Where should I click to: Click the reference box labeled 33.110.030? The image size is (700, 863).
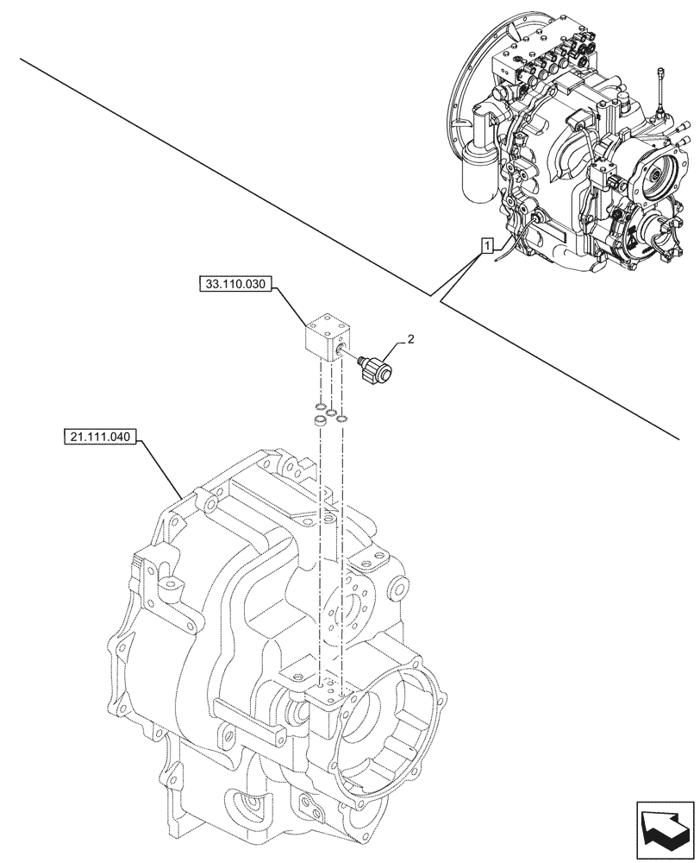(x=235, y=283)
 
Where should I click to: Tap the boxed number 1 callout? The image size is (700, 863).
(x=487, y=247)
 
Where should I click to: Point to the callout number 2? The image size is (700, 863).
(x=410, y=340)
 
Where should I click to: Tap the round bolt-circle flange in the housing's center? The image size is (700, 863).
(x=351, y=612)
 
